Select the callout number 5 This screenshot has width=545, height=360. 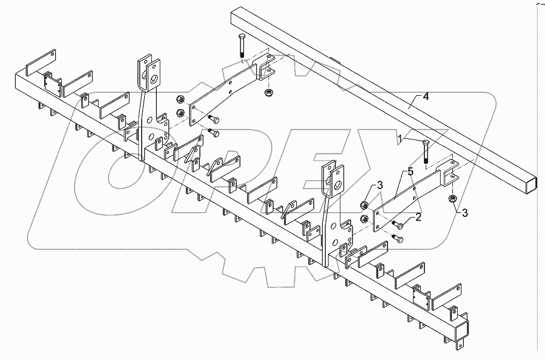tap(411, 172)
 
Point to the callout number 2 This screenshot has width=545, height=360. tap(418, 216)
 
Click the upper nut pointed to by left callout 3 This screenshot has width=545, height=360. tap(364, 204)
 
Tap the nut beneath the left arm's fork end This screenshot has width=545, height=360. tap(268, 92)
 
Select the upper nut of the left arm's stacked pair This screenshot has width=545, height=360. tap(180, 99)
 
